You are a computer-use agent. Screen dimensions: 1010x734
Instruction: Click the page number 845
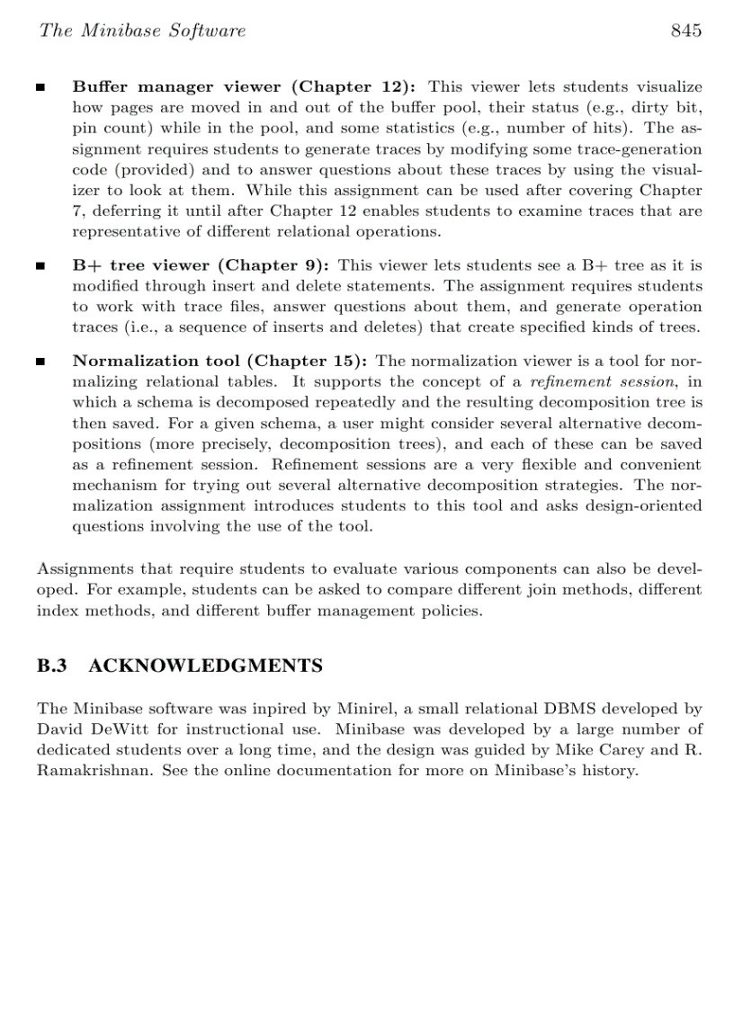[685, 31]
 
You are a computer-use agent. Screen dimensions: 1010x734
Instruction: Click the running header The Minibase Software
[141, 31]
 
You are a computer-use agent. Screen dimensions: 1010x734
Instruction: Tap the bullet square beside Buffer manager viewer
[40, 88]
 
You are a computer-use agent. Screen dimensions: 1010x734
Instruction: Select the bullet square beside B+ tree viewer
[40, 266]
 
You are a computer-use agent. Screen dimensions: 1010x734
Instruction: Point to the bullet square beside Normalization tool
[40, 362]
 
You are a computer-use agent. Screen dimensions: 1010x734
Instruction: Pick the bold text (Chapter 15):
[311, 361]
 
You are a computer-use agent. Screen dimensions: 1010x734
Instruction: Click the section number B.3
[52, 666]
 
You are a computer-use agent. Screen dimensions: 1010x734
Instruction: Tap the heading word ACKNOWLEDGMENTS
[206, 666]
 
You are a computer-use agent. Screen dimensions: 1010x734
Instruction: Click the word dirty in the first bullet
[642, 107]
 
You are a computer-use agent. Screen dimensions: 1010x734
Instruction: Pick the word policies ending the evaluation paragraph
[452, 612]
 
